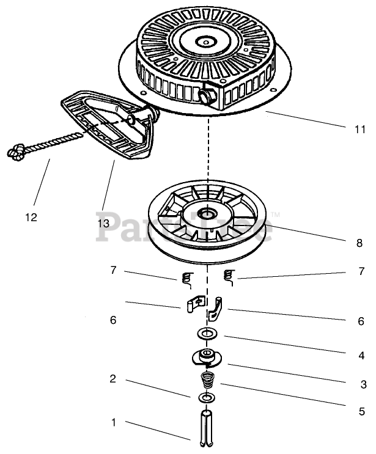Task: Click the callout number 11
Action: point(359,130)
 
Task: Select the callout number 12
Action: point(31,216)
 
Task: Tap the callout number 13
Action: point(102,223)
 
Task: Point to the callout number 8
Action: point(359,243)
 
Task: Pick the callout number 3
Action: point(363,384)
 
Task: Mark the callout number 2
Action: point(112,379)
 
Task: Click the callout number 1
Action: point(113,422)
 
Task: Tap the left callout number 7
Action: point(112,269)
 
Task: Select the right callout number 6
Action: point(361,320)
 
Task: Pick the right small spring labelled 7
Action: point(229,277)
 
